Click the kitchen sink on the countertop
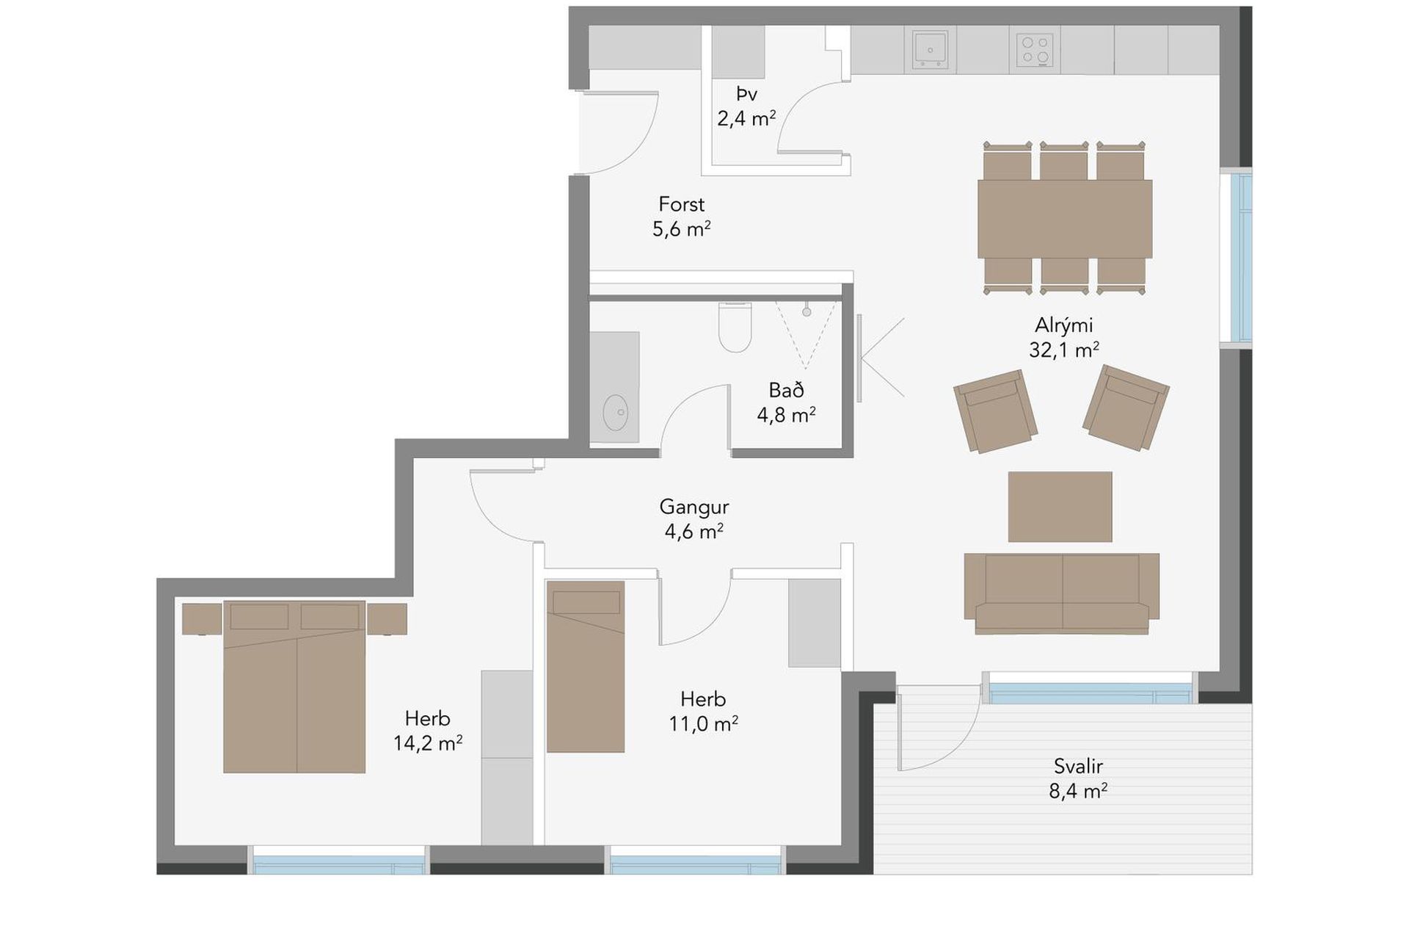931,50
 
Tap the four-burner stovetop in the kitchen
1035,50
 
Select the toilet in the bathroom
735,328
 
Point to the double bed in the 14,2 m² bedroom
294,687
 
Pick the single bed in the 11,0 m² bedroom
586,667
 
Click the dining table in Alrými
1064,219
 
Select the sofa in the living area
1062,593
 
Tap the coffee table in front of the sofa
1060,507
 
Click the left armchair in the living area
995,411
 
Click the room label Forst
682,204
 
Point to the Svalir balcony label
1078,767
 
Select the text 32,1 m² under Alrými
1064,350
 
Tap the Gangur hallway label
693,507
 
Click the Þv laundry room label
747,94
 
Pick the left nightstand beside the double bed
202,619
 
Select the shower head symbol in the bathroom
807,312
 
